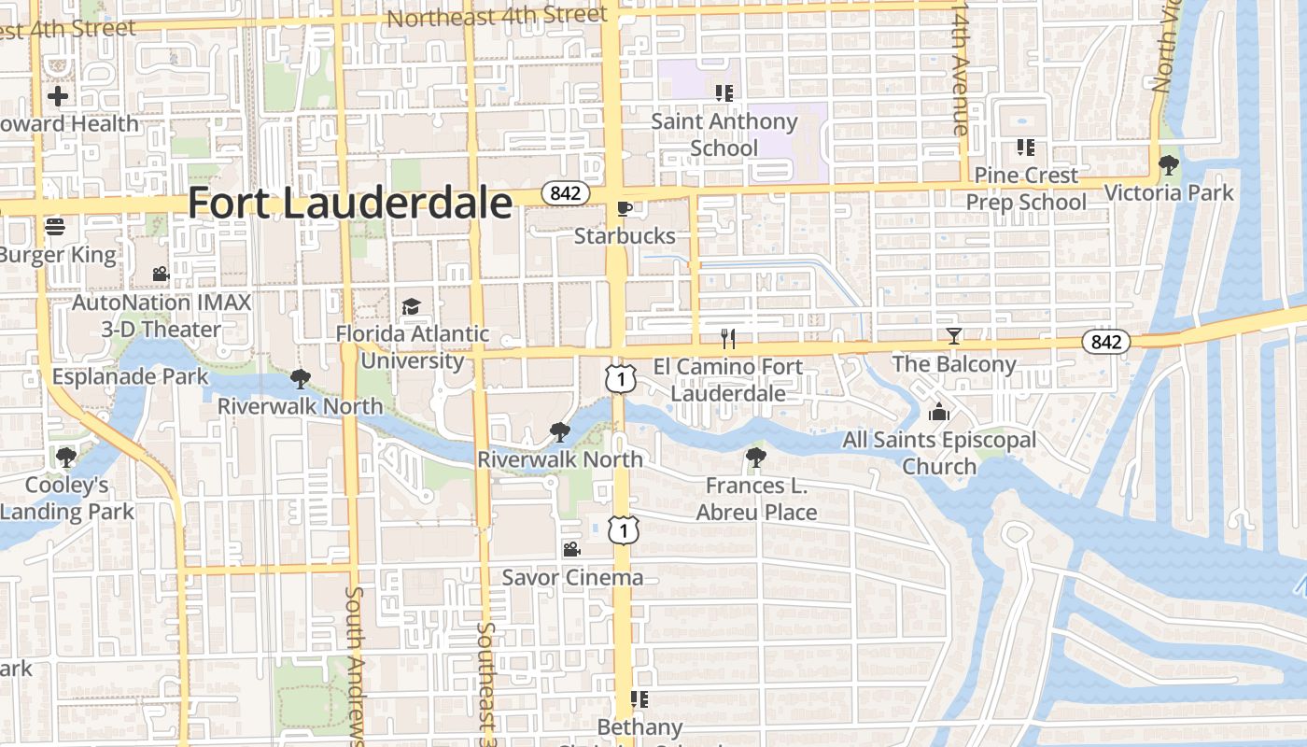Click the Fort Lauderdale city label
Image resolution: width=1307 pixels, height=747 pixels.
[x=350, y=203]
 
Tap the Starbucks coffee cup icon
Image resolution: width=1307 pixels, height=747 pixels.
[x=625, y=208]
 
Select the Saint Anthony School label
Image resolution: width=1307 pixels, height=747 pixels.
[x=724, y=134]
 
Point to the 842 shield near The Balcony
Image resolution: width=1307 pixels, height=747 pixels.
[x=1106, y=342]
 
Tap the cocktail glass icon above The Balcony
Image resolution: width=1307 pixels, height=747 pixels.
[x=953, y=336]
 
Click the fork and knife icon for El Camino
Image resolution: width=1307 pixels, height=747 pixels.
[x=728, y=338]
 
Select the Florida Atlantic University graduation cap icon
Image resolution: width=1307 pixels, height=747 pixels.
[x=411, y=306]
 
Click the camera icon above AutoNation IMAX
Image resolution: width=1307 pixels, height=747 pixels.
[x=161, y=274]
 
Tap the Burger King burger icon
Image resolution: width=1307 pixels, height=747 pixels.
[x=55, y=227]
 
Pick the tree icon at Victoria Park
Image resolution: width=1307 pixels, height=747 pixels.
[x=1168, y=165]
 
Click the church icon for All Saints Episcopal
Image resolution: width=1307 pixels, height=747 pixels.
[x=938, y=412]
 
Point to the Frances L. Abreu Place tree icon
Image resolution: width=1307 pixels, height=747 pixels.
[x=755, y=458]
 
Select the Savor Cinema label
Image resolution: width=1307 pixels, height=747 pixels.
[x=572, y=577]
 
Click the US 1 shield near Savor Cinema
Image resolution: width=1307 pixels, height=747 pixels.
[x=622, y=529]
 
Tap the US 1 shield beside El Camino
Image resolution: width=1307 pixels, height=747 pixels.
[x=622, y=378]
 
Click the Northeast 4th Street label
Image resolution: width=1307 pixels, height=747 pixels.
[x=497, y=17]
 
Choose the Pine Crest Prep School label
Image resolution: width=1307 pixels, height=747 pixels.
[x=1026, y=189]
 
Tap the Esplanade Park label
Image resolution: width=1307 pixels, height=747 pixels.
[x=131, y=376]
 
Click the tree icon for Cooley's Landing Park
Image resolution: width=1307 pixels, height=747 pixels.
[x=65, y=457]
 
